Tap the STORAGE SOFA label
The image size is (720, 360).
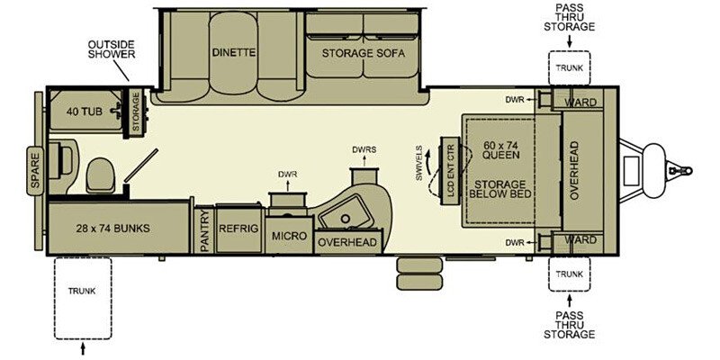364,52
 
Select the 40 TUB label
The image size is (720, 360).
84,112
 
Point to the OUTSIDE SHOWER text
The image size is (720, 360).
112,49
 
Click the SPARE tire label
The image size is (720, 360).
36,169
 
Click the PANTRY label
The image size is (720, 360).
204,229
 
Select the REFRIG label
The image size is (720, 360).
238,229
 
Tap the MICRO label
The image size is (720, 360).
289,236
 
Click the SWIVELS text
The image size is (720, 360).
419,162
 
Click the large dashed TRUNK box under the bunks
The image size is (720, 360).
83,298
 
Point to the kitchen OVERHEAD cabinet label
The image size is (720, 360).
346,241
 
